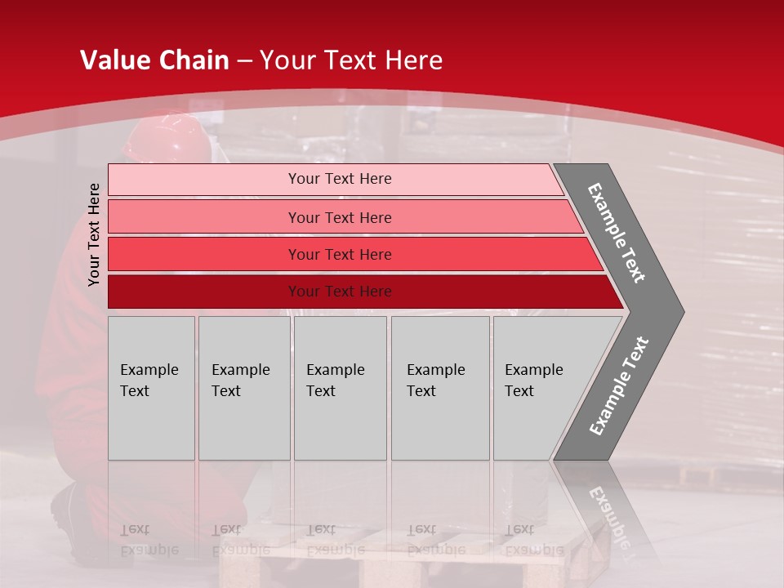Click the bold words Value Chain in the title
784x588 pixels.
point(154,60)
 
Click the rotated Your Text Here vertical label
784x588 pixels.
point(95,234)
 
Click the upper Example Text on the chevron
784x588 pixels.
point(617,233)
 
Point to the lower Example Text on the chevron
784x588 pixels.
point(618,386)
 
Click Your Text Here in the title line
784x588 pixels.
point(350,60)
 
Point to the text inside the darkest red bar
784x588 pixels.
point(340,292)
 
